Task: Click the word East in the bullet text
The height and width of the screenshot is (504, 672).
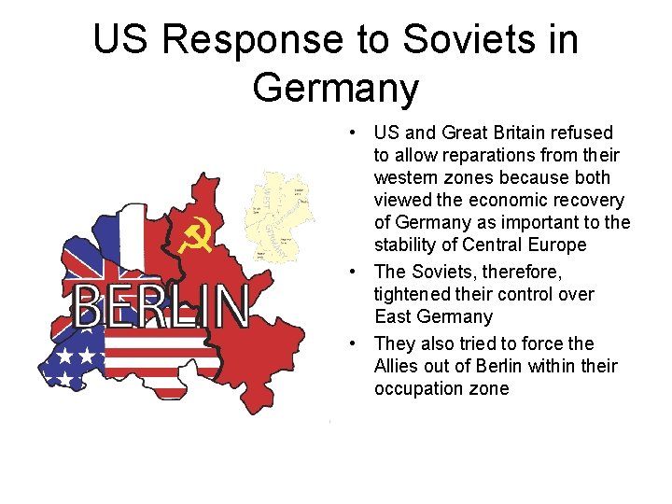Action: pos(392,316)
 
